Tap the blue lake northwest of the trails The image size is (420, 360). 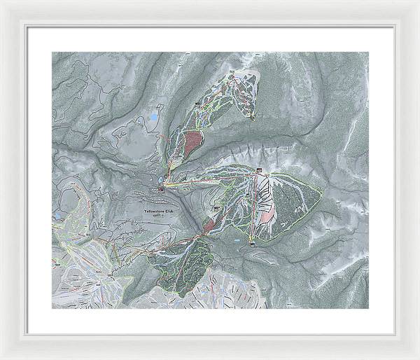[153, 119]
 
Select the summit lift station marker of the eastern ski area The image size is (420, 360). [259, 171]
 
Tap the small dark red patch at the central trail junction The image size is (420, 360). [209, 225]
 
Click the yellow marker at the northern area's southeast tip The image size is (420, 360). [251, 118]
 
